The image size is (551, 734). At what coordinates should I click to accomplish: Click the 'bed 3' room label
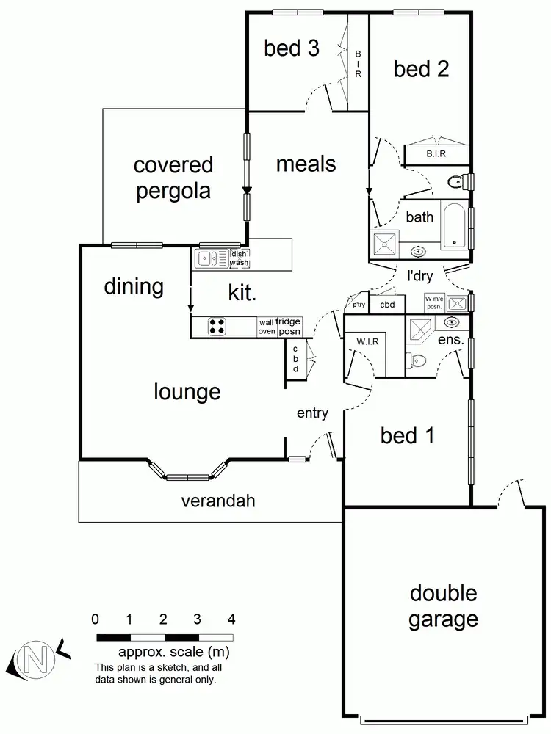[292, 48]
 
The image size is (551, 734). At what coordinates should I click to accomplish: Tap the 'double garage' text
[443, 606]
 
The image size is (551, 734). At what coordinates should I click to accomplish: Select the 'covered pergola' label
[173, 178]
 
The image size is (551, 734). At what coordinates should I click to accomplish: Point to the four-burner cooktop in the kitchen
[218, 327]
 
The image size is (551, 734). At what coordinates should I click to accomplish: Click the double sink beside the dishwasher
[211, 258]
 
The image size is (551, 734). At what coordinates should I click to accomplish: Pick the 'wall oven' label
[266, 327]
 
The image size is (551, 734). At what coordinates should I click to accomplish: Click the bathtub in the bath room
[454, 226]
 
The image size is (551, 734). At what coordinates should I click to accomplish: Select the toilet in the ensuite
[418, 360]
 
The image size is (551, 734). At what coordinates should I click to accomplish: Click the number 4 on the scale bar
[232, 619]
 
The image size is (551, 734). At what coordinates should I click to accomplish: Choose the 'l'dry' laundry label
[421, 277]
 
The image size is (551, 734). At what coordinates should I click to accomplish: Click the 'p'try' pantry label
[359, 305]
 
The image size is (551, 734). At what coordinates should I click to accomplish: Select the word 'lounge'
[187, 391]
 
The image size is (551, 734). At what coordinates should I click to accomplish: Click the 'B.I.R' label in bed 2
[436, 154]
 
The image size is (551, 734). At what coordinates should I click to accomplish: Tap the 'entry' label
[312, 413]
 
